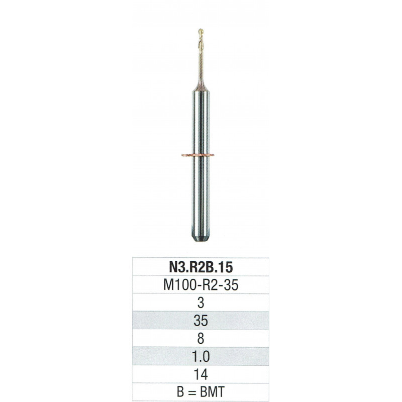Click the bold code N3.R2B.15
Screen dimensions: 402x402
click(200, 267)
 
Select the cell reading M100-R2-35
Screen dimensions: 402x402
click(200, 284)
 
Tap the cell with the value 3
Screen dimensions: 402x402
click(200, 303)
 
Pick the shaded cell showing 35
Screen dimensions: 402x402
click(200, 321)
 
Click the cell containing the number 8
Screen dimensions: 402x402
click(200, 338)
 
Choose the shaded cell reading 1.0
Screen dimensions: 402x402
click(200, 356)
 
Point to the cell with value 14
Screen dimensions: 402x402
click(200, 374)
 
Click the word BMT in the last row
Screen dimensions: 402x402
click(212, 392)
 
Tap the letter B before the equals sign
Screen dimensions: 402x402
click(180, 392)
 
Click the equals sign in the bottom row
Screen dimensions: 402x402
click(192, 392)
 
